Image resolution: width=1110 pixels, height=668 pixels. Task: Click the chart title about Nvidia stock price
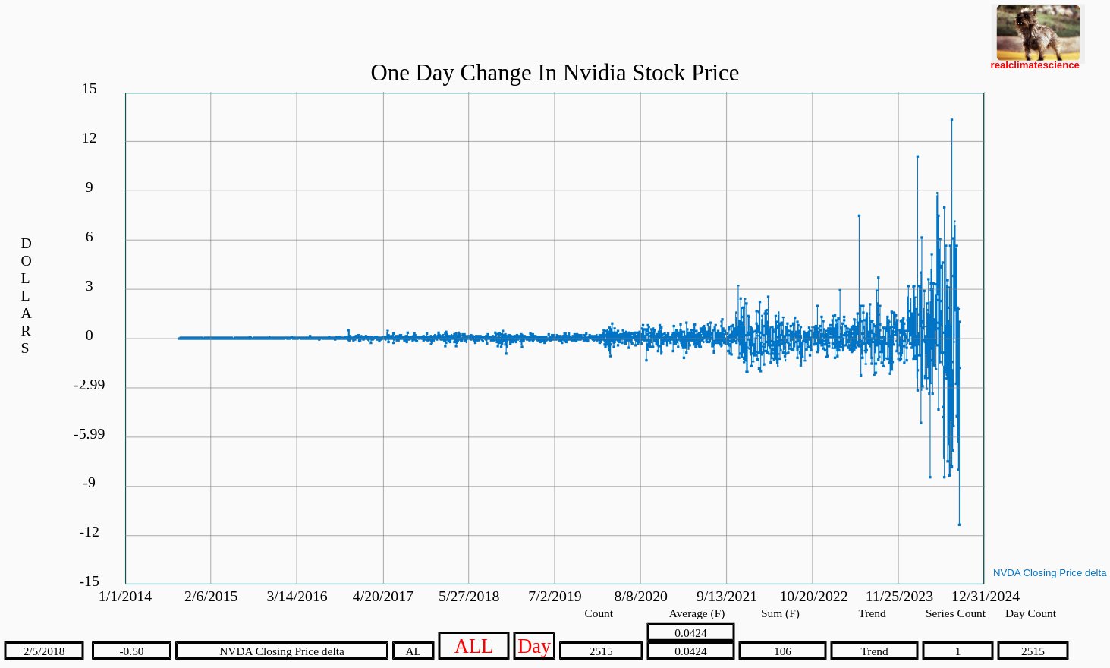click(555, 73)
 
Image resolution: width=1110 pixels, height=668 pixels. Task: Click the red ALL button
click(473, 646)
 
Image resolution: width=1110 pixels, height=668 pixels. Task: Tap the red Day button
click(534, 646)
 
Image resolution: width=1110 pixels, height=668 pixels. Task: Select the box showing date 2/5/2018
click(44, 651)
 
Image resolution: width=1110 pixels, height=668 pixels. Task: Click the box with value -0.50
click(131, 651)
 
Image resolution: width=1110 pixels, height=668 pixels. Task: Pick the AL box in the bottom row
click(413, 651)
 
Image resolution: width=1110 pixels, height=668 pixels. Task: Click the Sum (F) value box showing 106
click(782, 651)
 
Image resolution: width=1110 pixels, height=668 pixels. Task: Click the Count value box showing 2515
click(601, 651)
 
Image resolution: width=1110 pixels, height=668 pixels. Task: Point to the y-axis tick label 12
click(90, 138)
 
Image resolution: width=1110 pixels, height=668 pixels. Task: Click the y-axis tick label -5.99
click(90, 434)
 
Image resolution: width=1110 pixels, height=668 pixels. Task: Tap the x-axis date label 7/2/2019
click(555, 597)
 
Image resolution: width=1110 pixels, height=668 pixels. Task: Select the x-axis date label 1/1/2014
click(125, 597)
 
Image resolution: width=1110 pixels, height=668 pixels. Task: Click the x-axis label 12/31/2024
click(986, 597)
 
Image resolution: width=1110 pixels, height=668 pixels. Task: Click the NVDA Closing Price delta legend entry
click(1049, 573)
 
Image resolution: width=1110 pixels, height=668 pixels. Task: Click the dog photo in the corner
click(1038, 33)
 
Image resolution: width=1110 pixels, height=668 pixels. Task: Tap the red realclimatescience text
click(1034, 65)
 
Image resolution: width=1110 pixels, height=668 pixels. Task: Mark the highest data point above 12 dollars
click(951, 120)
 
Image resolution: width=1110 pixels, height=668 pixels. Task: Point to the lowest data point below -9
click(959, 525)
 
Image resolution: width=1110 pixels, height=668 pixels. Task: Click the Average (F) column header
click(697, 613)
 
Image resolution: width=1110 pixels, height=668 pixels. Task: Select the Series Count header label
click(955, 613)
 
